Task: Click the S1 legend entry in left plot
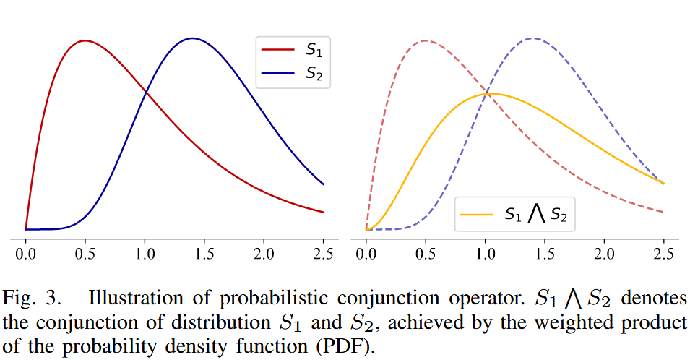(293, 51)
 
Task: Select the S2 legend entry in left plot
(293, 72)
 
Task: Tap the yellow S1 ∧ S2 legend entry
(514, 215)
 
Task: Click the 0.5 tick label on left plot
(85, 254)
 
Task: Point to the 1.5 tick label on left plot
(204, 254)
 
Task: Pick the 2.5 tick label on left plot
(323, 254)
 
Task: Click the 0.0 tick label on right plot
(366, 254)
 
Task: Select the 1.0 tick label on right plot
(486, 254)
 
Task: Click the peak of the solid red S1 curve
(85, 40)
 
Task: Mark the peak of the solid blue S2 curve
(192, 38)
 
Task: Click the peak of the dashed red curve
(426, 40)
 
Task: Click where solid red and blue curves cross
(146, 92)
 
